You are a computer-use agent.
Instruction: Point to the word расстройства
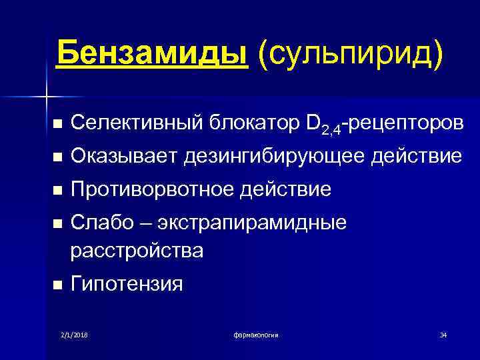[137, 251]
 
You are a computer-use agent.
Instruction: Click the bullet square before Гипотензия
[57, 285]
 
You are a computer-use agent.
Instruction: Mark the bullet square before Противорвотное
[57, 191]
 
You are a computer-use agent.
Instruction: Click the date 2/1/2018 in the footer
[74, 334]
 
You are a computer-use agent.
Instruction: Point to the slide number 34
[443, 334]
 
